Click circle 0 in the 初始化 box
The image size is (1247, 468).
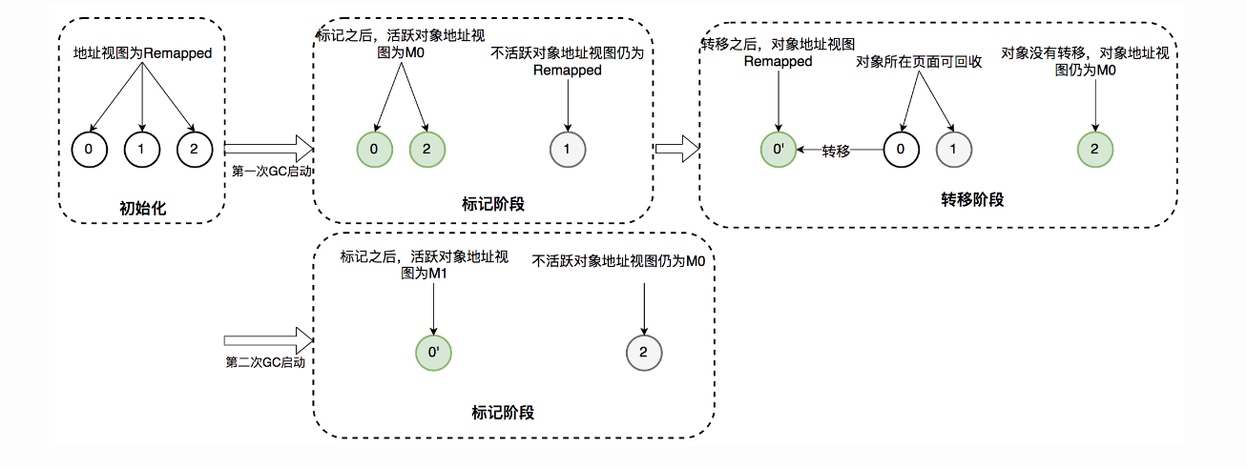91,149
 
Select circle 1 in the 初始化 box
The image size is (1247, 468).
142,149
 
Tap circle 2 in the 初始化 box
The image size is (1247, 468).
194,149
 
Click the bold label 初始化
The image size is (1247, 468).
142,207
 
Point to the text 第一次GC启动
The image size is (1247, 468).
273,172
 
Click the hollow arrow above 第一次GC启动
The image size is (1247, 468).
269,149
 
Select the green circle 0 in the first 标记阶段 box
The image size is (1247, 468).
374,149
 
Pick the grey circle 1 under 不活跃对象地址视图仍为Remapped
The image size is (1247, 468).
568,149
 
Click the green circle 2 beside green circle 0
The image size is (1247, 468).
427,149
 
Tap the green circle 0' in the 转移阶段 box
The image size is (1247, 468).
779,150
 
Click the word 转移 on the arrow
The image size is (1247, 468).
836,151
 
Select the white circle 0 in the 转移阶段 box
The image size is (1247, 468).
901,150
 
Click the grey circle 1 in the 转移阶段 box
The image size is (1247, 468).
953,150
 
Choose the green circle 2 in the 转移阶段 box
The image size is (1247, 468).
1094,150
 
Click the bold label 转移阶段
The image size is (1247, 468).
972,200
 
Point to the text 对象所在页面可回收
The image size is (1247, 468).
913,62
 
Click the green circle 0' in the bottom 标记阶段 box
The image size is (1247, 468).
433,353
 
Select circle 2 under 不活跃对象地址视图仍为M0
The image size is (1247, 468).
644,353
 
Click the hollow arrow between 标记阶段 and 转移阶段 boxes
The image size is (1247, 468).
677,149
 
